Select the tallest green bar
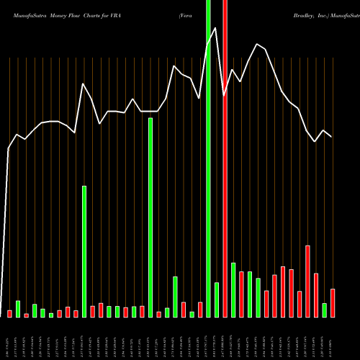209,158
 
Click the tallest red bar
225,158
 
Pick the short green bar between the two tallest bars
217,300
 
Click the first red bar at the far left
10,313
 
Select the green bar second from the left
18,309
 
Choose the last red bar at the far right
333,302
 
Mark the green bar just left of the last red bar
325,310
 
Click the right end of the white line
331,136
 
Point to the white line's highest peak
217,28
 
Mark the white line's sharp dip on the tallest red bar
225,94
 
